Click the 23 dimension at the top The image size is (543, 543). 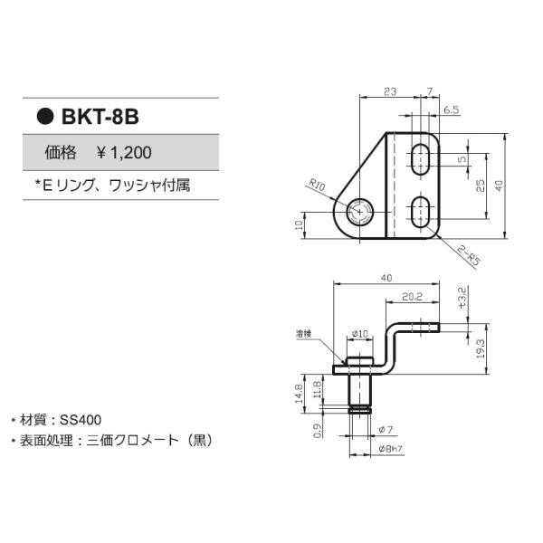pos(389,91)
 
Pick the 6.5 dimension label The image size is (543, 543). pos(450,110)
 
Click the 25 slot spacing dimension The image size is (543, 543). pos(481,186)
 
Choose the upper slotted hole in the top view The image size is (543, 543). pos(420,158)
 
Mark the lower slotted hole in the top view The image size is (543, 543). pos(420,213)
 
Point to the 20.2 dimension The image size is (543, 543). pos(412,295)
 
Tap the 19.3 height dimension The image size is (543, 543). pos(481,348)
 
